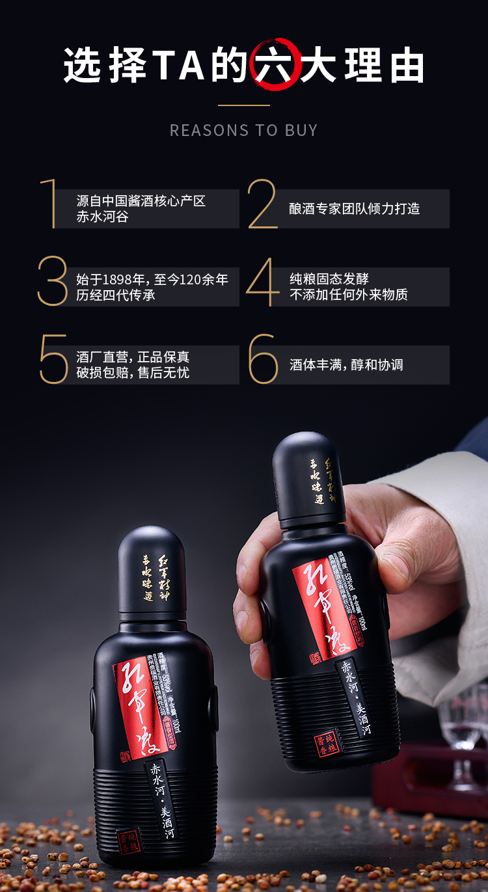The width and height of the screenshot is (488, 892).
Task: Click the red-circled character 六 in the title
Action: (277, 65)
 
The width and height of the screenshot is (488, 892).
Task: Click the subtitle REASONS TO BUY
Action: (244, 130)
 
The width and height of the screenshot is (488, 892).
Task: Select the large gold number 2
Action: (262, 204)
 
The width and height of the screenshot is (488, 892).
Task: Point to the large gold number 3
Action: (53, 281)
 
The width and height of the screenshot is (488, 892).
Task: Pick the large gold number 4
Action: (263, 282)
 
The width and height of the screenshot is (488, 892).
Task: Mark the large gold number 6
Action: (264, 359)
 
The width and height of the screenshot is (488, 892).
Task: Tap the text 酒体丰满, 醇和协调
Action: (346, 365)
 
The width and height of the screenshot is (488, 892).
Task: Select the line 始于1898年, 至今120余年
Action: (152, 280)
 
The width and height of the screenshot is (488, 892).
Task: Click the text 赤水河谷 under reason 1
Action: (102, 217)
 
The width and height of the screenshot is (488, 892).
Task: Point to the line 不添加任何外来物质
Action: (349, 295)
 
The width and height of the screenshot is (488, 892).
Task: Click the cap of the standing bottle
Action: (152, 569)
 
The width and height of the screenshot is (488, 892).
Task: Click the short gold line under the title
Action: (244, 105)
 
